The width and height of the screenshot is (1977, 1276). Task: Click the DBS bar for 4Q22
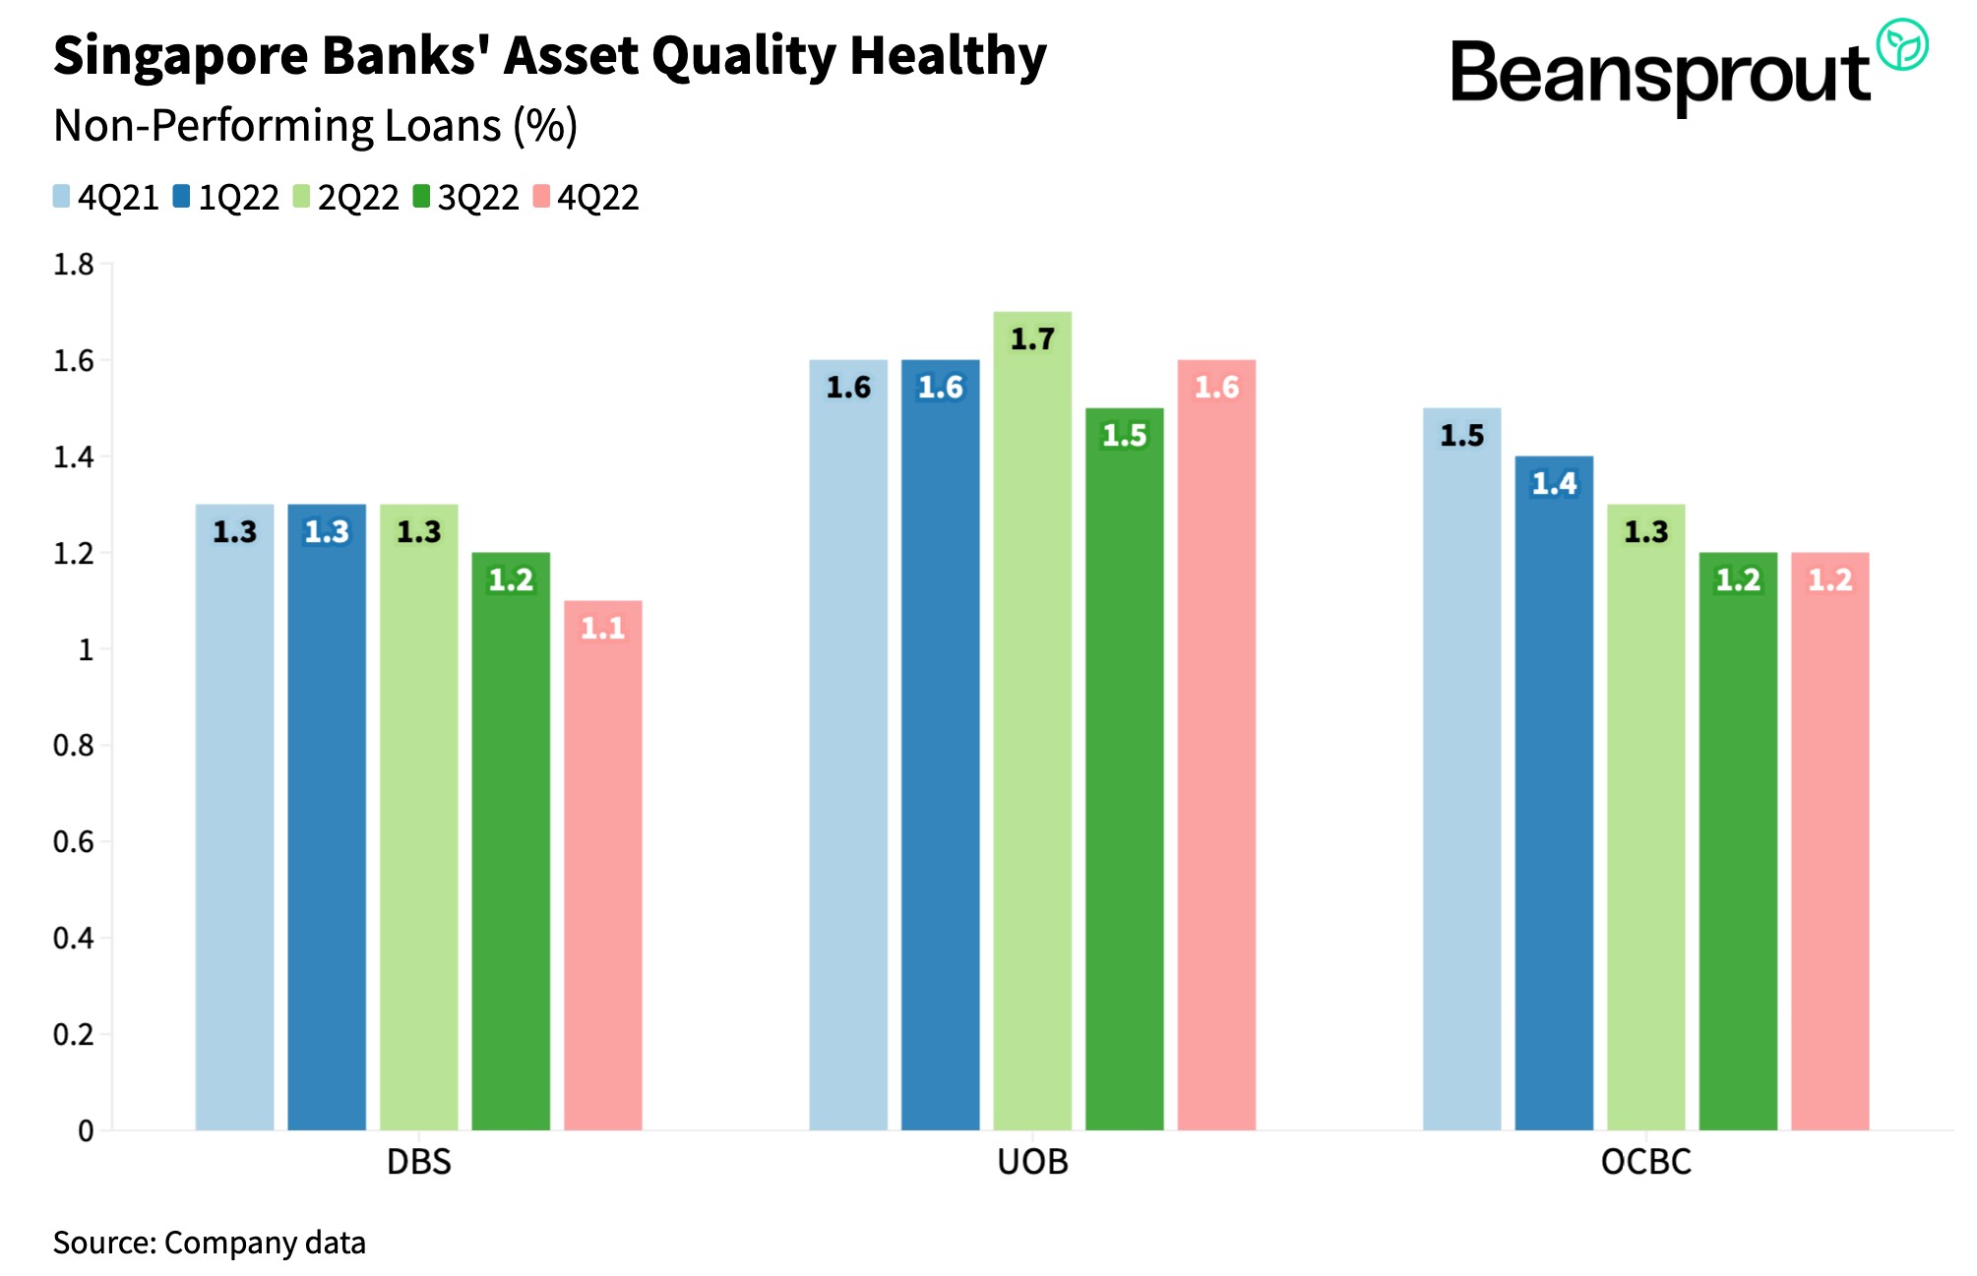602,866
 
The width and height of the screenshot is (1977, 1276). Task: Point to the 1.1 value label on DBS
602,628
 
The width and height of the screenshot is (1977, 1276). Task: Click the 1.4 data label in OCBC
1554,483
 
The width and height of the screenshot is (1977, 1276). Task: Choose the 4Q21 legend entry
106,198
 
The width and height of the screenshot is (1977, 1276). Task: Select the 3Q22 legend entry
465,198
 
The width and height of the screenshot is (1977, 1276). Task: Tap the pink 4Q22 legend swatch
541,197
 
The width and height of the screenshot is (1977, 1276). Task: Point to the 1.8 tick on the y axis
74,265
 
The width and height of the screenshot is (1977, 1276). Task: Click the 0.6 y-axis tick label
74,842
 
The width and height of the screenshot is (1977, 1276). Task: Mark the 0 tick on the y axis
86,1131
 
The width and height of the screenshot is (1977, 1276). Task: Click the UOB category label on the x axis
1032,1162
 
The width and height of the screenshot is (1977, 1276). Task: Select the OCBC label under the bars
1645,1162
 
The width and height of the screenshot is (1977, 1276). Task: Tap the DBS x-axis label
418,1162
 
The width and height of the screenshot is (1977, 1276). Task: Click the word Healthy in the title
948,56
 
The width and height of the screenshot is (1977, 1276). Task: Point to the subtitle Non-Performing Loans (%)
315,126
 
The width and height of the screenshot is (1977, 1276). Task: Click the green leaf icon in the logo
1901,45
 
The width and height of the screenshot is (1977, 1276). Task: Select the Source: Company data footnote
209,1243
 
